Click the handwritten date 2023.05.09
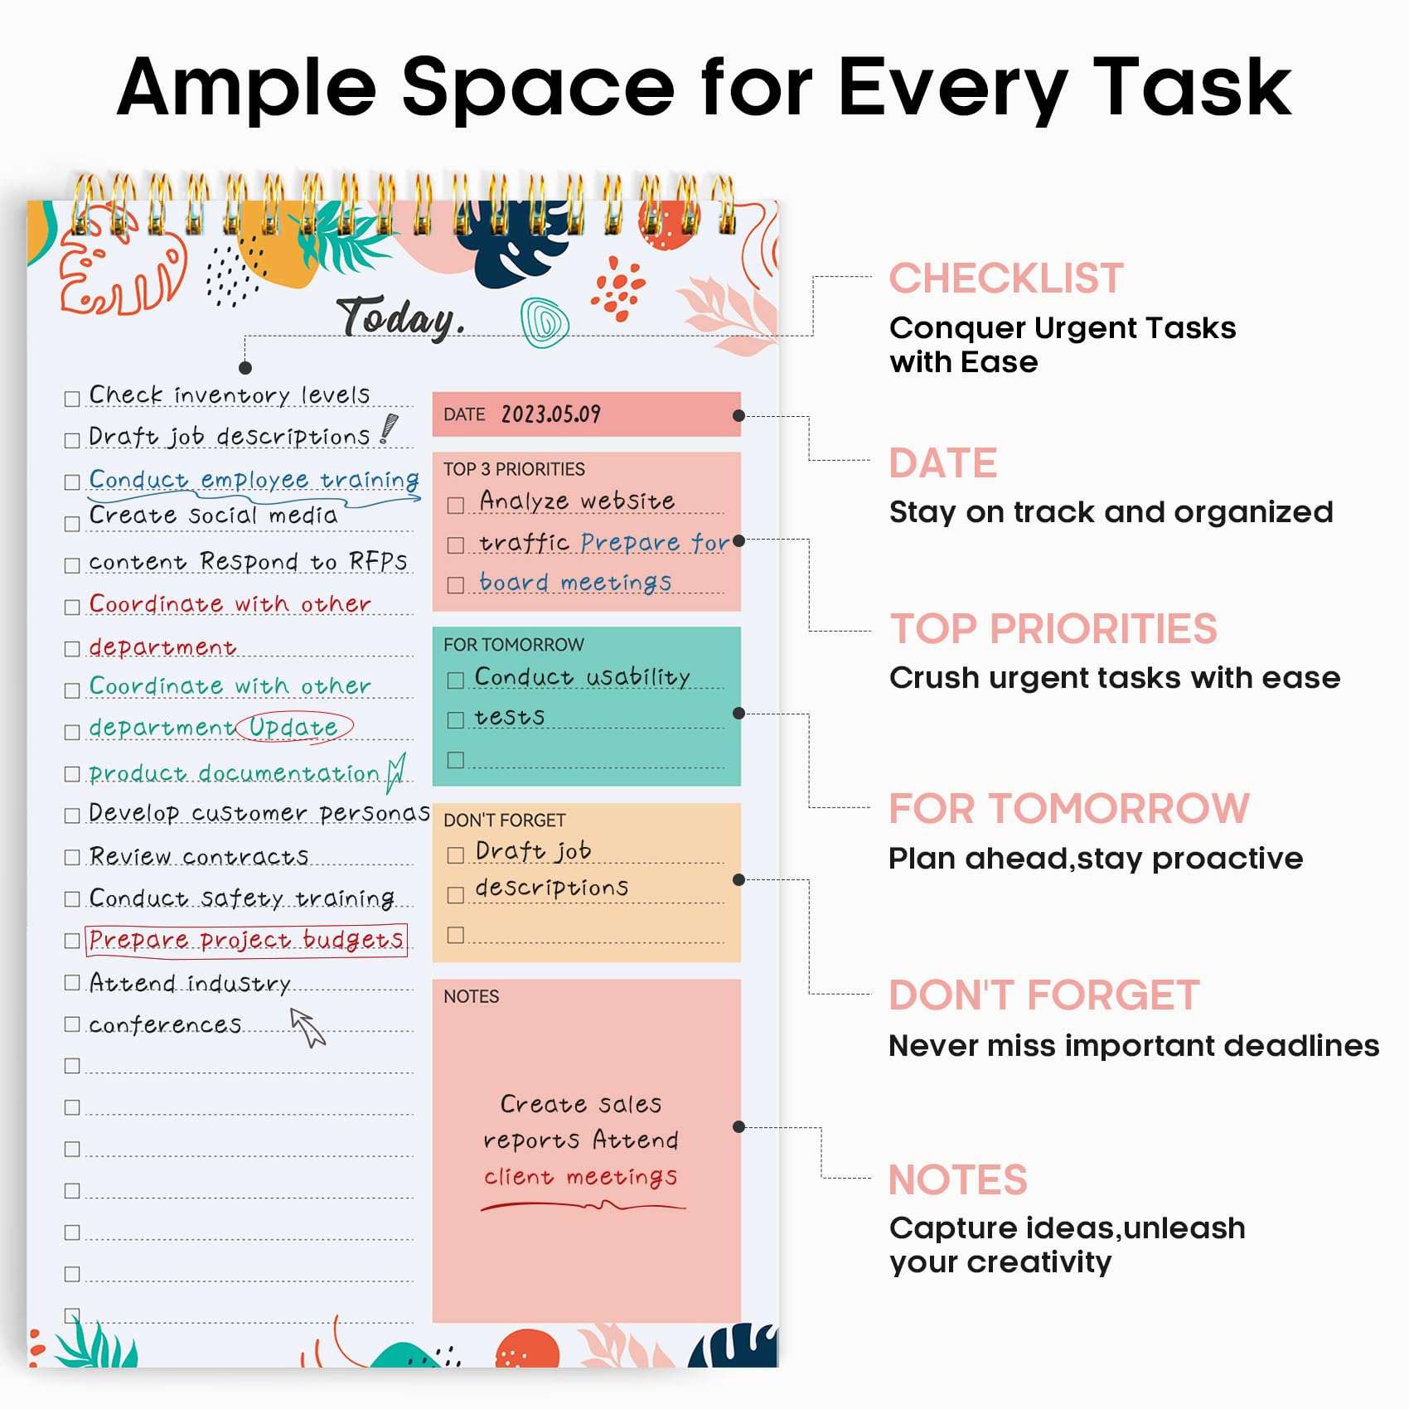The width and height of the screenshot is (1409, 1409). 550,414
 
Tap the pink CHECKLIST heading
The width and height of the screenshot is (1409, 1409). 1006,278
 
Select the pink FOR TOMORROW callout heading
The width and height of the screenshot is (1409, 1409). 1068,809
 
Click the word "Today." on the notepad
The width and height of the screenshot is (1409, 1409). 400,318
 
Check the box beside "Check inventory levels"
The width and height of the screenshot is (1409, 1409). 72,399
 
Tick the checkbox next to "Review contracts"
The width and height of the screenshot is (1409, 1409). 72,857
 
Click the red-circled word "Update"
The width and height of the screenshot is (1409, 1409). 294,727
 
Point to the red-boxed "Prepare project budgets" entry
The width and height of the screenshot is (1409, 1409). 246,940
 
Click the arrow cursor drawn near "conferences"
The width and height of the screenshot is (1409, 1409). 307,1027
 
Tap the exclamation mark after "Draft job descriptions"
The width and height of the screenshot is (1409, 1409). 388,429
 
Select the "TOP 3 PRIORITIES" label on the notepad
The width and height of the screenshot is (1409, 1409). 514,469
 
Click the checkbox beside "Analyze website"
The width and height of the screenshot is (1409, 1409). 455,505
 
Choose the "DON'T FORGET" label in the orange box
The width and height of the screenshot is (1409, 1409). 504,821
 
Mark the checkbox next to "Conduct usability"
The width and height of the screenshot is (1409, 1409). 455,680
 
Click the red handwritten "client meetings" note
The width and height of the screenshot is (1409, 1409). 580,1177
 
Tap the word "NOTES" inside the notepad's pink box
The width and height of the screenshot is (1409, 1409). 471,996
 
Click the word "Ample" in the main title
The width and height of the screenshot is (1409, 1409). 247,87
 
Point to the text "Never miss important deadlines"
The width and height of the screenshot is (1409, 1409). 1133,1046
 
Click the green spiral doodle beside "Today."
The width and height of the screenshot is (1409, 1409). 544,322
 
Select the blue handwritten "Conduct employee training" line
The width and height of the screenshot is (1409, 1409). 254,480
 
